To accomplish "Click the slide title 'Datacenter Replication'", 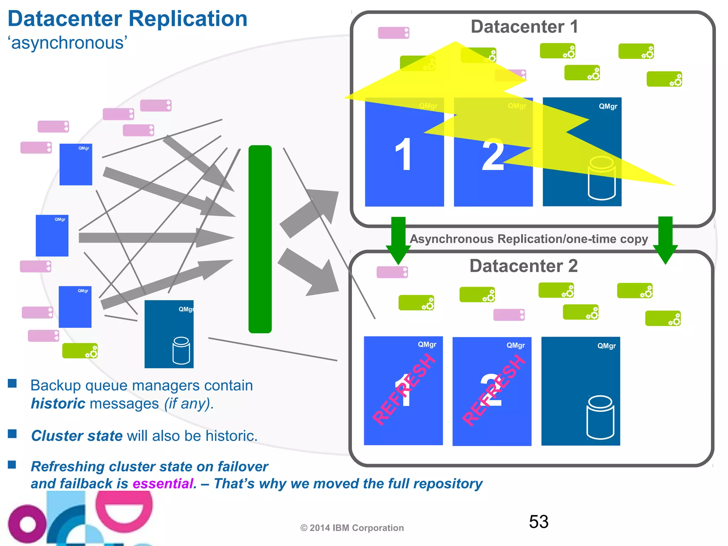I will pyautogui.click(x=127, y=19).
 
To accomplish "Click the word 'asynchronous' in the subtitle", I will pyautogui.click(x=68, y=43).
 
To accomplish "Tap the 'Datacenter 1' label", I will pyautogui.click(x=524, y=27).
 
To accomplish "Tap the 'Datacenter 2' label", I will pyautogui.click(x=523, y=266).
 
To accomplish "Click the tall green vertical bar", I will pyautogui.click(x=260, y=239).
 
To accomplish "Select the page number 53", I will pyautogui.click(x=538, y=522).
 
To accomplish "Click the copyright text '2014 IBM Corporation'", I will pyautogui.click(x=356, y=528).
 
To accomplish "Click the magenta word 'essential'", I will pyautogui.click(x=164, y=484).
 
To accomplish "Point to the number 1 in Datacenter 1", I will pyautogui.click(x=403, y=155).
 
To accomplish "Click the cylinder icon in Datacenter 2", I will pyautogui.click(x=600, y=417).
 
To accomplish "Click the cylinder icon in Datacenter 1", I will pyautogui.click(x=601, y=178).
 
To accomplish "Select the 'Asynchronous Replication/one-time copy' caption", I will pyautogui.click(x=529, y=239).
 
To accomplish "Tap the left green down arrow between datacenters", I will pyautogui.click(x=398, y=240).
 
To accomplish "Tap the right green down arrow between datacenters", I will pyautogui.click(x=665, y=240).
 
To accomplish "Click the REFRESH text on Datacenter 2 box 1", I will pyautogui.click(x=404, y=390).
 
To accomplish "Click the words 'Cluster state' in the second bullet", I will pyautogui.click(x=77, y=436).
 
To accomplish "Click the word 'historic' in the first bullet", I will pyautogui.click(x=58, y=404).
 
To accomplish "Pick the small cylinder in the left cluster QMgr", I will pyautogui.click(x=181, y=350).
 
